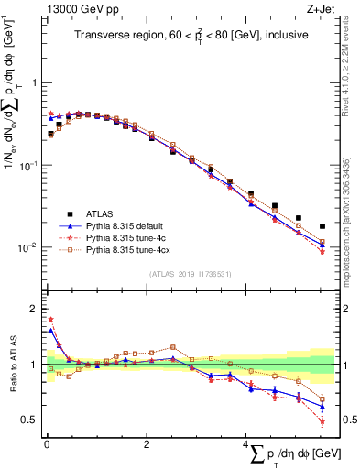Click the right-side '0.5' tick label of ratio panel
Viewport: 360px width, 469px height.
point(348,420)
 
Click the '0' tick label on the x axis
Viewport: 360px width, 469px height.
point(47,444)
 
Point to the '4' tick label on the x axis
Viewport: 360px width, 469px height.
point(245,444)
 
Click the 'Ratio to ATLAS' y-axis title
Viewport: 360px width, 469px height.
point(11,365)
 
